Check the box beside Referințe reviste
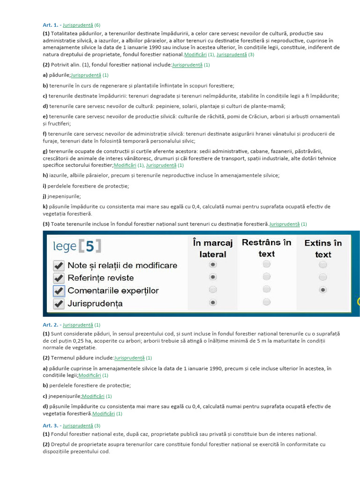click(59, 278)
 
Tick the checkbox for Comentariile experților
click(59, 291)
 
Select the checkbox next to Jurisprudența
click(59, 304)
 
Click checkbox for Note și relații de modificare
click(59, 265)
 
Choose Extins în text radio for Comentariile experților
click(322, 290)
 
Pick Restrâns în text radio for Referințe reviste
click(266, 277)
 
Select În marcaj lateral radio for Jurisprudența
click(213, 302)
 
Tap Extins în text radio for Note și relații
click(322, 265)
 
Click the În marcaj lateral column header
click(212, 248)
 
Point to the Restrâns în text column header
click(266, 248)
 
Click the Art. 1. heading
click(51, 25)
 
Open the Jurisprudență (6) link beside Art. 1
click(78, 25)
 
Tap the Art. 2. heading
click(51, 324)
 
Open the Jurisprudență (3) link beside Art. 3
click(78, 426)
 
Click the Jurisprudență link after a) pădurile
click(86, 75)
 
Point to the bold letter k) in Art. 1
click(45, 206)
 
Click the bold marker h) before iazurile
click(45, 175)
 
